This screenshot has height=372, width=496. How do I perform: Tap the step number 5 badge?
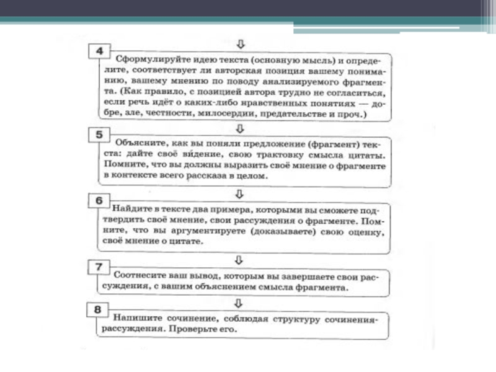point(97,135)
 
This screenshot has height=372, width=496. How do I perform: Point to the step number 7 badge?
point(97,267)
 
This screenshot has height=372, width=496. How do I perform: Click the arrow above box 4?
point(241,44)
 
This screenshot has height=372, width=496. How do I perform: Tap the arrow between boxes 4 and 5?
point(241,127)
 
